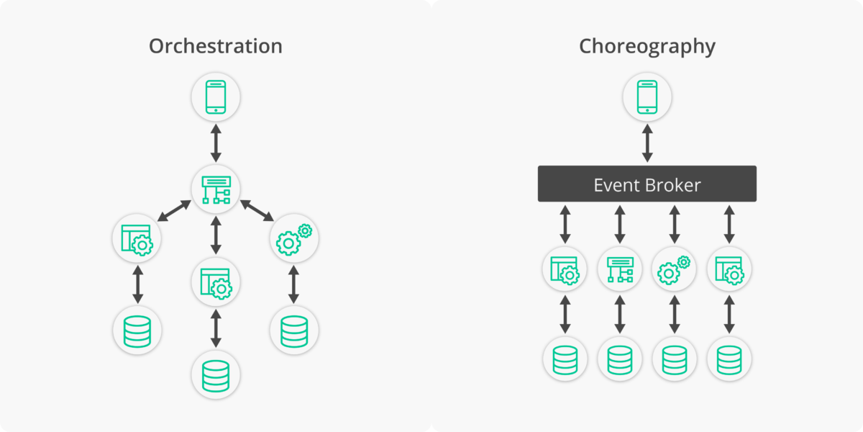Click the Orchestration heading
pyautogui.click(x=216, y=47)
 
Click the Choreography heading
pyautogui.click(x=647, y=47)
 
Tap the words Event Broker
pyautogui.click(x=647, y=185)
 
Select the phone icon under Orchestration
pyautogui.click(x=216, y=97)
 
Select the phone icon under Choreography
pyautogui.click(x=647, y=97)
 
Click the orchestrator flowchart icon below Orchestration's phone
pyautogui.click(x=216, y=189)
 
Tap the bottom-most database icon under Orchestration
pyautogui.click(x=216, y=375)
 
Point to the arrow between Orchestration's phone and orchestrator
pyautogui.click(x=216, y=143)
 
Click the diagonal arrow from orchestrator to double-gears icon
pyautogui.click(x=257, y=210)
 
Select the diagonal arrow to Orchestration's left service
pyautogui.click(x=175, y=210)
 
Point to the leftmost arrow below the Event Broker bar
pyautogui.click(x=565, y=224)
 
